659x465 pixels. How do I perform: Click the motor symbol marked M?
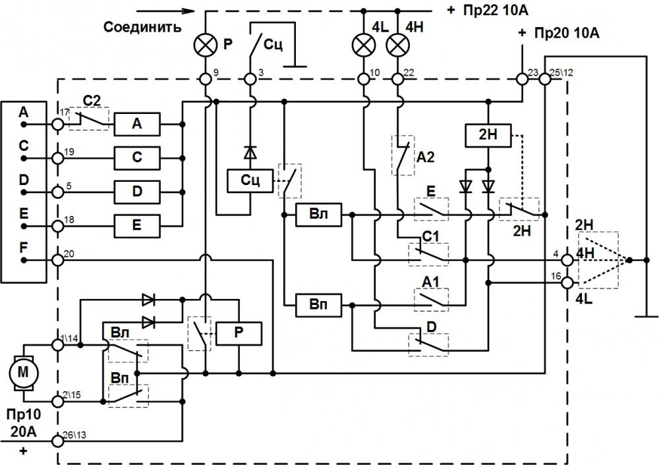[24, 373]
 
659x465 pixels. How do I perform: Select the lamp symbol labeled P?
[206, 45]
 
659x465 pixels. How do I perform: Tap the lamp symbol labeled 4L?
[364, 45]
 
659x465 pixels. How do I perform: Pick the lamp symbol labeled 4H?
[397, 45]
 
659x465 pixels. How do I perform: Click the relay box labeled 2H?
[488, 135]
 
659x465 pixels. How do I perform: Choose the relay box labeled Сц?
[250, 180]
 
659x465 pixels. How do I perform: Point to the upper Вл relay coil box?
[318, 215]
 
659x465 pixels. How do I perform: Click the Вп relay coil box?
[318, 304]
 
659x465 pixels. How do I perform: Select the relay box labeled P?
[239, 333]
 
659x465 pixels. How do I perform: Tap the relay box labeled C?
[137, 158]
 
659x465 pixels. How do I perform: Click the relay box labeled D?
[137, 192]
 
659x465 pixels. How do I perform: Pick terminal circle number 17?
[57, 124]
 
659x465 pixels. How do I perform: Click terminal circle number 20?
[57, 260]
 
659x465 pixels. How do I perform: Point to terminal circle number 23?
[522, 79]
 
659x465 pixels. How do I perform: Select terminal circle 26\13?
[57, 441]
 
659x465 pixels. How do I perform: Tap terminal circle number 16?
[567, 283]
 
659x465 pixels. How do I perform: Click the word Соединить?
[142, 27]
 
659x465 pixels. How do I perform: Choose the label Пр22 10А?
[495, 10]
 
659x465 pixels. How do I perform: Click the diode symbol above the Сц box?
[250, 153]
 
